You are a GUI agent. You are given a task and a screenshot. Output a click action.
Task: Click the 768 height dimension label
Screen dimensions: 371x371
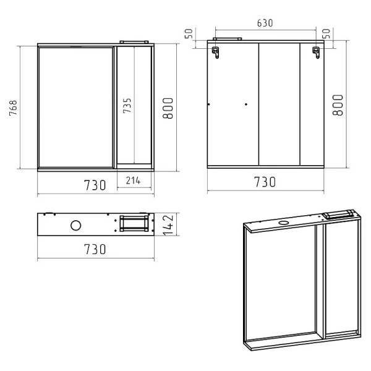tap(13, 108)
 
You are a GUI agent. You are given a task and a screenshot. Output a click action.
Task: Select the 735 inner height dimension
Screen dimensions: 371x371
tap(127, 106)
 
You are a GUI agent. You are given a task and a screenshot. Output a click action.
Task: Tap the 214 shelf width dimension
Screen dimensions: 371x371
tap(133, 181)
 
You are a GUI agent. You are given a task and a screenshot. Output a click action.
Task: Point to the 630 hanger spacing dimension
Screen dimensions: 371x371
tap(265, 23)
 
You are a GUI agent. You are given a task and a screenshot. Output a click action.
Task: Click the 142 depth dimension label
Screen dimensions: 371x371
tap(169, 225)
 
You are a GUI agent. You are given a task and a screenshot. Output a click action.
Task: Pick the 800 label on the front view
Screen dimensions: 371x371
tap(168, 108)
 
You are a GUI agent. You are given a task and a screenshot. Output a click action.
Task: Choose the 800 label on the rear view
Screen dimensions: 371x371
tap(338, 105)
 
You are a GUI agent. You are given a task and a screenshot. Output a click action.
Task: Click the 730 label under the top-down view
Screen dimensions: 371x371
tap(95, 249)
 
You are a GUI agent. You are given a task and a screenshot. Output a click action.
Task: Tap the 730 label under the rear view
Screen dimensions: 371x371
tap(265, 182)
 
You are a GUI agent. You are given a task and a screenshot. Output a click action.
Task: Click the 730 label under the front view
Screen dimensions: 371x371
tap(95, 185)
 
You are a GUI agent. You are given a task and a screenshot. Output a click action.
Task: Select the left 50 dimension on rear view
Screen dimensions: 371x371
tap(189, 33)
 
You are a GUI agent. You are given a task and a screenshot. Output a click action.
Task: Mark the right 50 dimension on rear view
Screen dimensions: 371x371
tap(326, 33)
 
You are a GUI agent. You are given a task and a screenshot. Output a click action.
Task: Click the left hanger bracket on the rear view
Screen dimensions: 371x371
tap(215, 53)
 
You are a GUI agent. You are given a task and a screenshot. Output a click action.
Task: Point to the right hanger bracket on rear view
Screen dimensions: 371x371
tap(316, 53)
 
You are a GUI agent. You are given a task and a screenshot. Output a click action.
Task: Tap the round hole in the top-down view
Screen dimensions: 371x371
tap(75, 225)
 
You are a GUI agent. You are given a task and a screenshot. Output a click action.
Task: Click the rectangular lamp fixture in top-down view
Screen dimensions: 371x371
tap(134, 223)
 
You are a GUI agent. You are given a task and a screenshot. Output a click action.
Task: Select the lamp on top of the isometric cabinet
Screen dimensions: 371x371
tap(339, 214)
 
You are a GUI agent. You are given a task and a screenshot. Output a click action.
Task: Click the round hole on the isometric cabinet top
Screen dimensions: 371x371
tap(283, 223)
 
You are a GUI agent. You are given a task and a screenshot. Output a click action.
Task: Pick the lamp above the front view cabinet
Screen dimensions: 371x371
tap(134, 42)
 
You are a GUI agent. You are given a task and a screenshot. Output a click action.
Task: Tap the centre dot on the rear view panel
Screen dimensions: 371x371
tap(246, 104)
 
